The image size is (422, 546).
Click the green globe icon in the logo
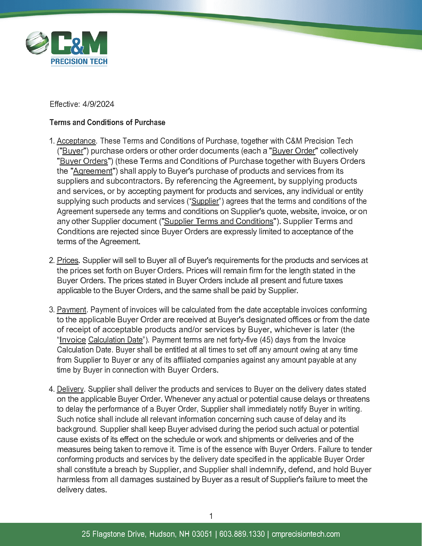click(x=37, y=43)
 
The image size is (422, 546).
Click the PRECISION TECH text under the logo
click(x=79, y=62)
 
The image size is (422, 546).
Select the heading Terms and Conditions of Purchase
click(x=107, y=122)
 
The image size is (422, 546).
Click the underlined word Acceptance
click(x=76, y=141)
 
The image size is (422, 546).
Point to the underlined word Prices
click(x=68, y=260)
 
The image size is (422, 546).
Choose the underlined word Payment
click(x=71, y=310)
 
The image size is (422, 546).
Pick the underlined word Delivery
click(x=70, y=389)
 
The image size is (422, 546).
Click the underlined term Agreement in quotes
click(x=93, y=171)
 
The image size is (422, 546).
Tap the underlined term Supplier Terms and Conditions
click(x=218, y=221)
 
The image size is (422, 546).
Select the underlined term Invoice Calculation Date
click(x=101, y=340)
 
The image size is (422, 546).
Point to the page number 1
click(x=211, y=516)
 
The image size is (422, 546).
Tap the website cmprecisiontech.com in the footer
click(x=305, y=534)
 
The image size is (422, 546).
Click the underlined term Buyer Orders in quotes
click(x=84, y=161)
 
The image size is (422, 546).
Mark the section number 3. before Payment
click(x=52, y=310)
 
